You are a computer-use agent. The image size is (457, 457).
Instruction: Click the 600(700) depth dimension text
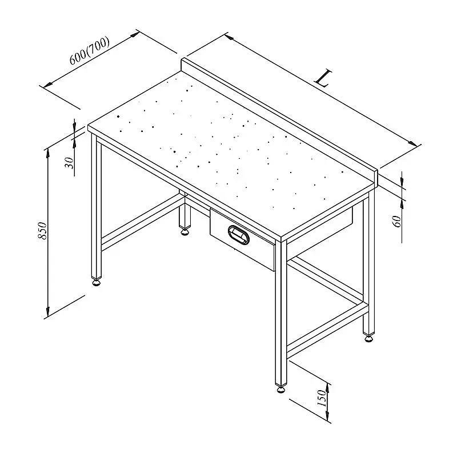(x=90, y=50)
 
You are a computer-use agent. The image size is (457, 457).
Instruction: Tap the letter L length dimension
(x=323, y=78)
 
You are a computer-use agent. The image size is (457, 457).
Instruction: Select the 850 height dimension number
(x=42, y=231)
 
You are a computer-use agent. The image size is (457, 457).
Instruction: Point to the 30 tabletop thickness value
(x=69, y=163)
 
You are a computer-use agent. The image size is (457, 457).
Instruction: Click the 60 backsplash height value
(x=397, y=222)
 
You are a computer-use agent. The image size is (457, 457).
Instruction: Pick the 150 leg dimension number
(x=322, y=398)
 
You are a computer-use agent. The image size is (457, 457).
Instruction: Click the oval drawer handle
(x=239, y=235)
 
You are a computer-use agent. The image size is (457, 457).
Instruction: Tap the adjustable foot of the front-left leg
(x=97, y=282)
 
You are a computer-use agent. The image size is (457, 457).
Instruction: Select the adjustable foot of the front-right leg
(x=280, y=390)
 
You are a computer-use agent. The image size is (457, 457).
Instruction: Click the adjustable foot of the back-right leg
(x=368, y=338)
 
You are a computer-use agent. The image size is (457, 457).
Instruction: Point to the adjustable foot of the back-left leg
(x=185, y=232)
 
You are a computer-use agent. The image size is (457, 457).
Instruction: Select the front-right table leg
(x=281, y=312)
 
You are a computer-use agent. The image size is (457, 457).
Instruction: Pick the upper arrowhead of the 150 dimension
(x=328, y=388)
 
